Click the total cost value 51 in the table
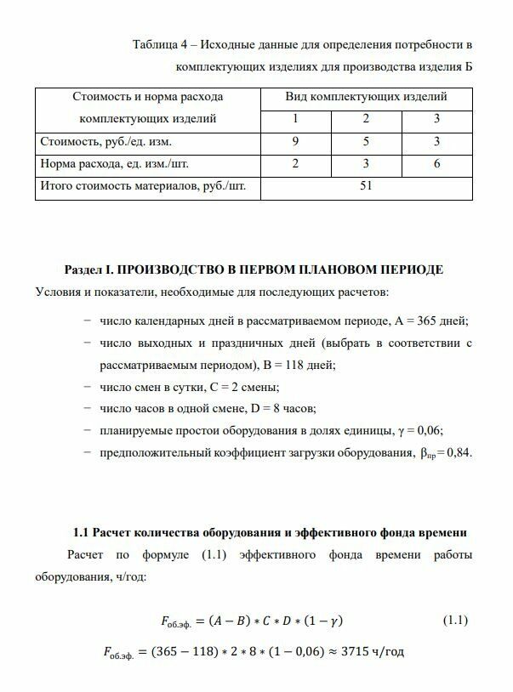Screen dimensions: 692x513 coord(366,185)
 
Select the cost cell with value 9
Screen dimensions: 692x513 coord(294,141)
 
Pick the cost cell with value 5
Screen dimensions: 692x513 coord(366,141)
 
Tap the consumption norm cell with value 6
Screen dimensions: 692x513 coord(436,163)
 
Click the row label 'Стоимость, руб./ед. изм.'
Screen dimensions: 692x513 coord(106,142)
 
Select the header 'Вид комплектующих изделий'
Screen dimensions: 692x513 coord(366,97)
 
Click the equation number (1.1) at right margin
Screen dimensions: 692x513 coord(456,621)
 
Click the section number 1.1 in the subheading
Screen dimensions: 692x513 coord(83,533)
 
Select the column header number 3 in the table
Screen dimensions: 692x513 coord(436,119)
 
